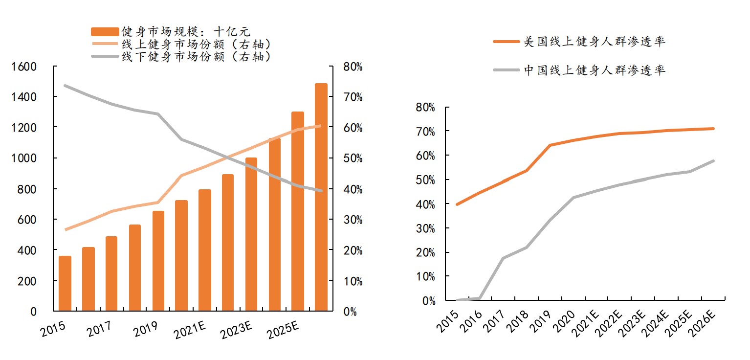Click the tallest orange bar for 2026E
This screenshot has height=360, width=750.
tap(321, 197)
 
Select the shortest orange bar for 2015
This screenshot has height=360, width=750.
tap(65, 283)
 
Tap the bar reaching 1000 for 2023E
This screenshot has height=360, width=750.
tap(251, 234)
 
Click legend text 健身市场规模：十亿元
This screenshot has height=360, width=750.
tap(186, 32)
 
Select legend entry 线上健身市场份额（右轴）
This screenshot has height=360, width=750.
tap(196, 44)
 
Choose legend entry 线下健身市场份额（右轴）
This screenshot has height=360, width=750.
tap(196, 56)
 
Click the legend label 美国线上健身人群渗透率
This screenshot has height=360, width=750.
tap(594, 42)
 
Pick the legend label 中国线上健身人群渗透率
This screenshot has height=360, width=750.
tap(594, 70)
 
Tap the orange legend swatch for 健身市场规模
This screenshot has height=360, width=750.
tap(105, 32)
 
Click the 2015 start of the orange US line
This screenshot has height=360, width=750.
tap(457, 204)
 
